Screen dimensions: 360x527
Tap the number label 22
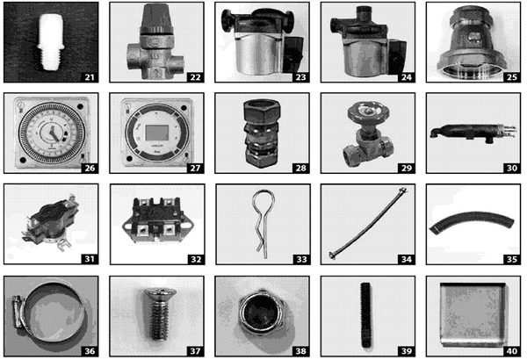pos(195,76)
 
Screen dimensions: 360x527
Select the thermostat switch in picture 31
pos(43,223)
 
